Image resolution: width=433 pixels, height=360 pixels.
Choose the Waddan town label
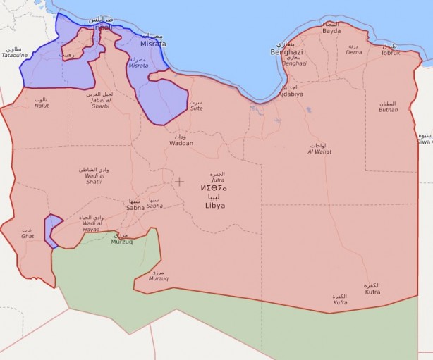181,143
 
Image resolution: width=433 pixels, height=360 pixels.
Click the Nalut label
42,105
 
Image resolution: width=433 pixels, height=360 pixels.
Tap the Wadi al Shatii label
94,181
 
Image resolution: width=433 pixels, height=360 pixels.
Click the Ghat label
28,236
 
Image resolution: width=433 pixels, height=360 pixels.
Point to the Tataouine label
15,56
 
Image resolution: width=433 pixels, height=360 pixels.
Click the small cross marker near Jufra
180,181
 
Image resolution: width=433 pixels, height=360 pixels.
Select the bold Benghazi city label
286,52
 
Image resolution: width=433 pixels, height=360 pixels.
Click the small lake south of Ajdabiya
308,110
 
